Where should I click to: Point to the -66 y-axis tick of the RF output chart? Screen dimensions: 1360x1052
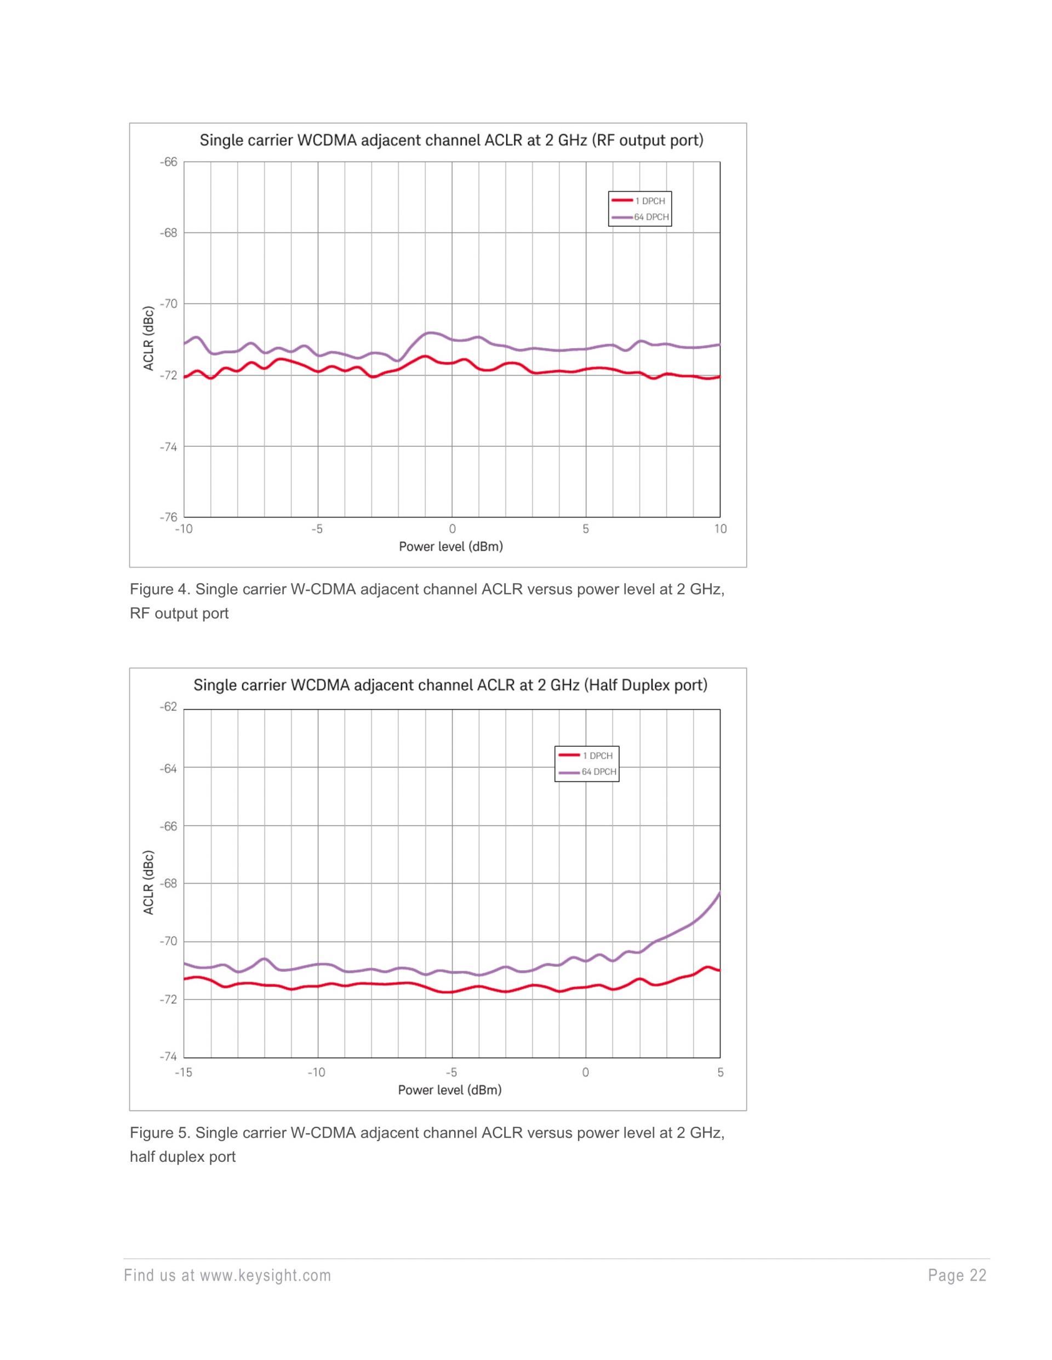coord(168,162)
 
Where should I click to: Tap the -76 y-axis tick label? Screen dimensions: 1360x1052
coord(168,517)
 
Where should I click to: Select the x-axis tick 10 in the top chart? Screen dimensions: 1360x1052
coord(720,529)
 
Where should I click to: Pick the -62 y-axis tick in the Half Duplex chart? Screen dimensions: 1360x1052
coord(168,707)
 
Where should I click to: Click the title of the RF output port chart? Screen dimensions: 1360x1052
coord(451,140)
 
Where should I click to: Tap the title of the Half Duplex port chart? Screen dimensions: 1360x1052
coord(450,685)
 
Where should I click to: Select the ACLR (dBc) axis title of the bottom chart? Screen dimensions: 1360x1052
coord(148,883)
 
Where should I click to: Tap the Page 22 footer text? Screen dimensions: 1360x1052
coord(957,1275)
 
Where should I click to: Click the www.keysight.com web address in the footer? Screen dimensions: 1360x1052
coord(265,1275)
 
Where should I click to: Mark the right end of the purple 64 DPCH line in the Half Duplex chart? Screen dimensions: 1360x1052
coord(719,893)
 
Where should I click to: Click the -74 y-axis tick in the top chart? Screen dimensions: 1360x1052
coord(168,446)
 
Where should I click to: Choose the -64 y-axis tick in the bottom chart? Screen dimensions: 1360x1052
coord(168,769)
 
